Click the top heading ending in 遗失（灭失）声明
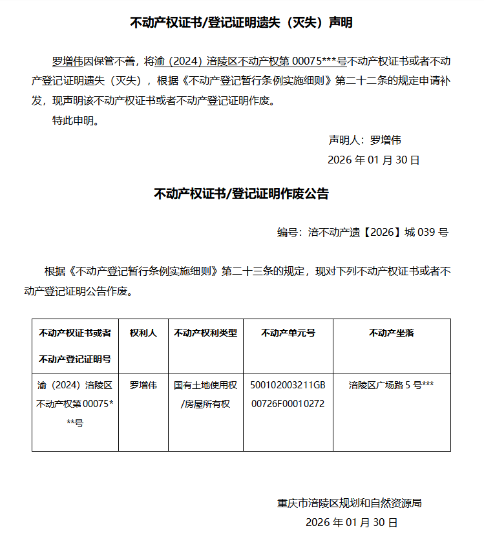click(x=242, y=23)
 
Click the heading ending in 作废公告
click(x=241, y=193)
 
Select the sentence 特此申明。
click(x=76, y=120)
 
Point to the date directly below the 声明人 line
click(x=374, y=160)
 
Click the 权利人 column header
click(x=143, y=333)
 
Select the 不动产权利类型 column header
click(x=205, y=333)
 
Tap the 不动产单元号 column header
click(x=288, y=333)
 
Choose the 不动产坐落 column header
click(x=391, y=333)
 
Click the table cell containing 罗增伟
click(x=143, y=385)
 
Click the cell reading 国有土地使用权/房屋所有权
click(x=205, y=395)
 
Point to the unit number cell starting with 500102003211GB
click(x=288, y=395)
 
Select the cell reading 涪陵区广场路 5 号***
click(x=391, y=385)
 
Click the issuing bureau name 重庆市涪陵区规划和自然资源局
click(x=349, y=503)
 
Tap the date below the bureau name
click(x=352, y=522)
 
